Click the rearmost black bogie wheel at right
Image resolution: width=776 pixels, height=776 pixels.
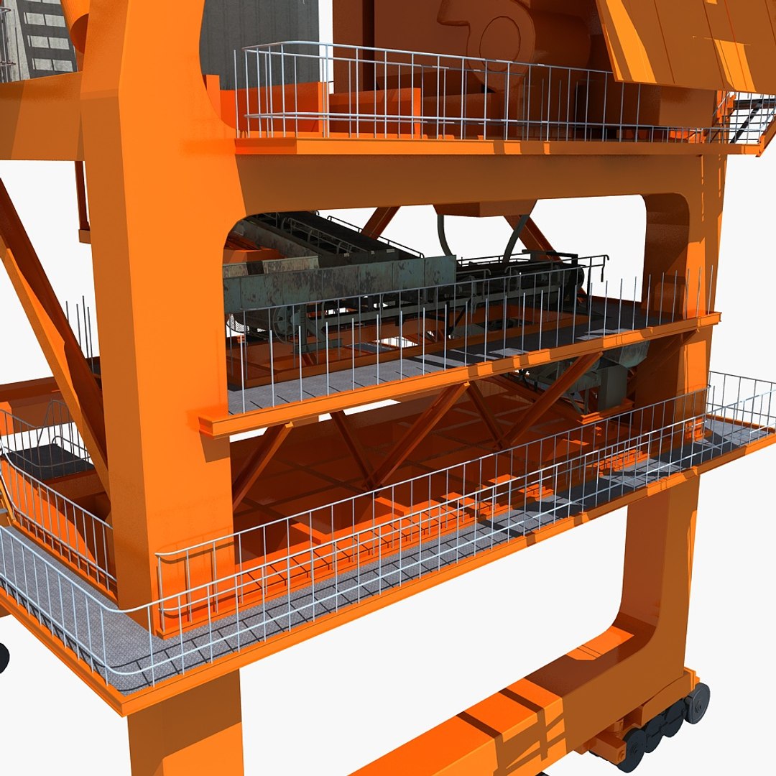(x=697, y=702)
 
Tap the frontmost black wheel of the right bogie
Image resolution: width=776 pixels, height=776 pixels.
(x=633, y=749)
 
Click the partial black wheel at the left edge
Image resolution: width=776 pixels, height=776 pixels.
(x=3, y=658)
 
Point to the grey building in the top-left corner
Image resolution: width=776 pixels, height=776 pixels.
(x=43, y=36)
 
